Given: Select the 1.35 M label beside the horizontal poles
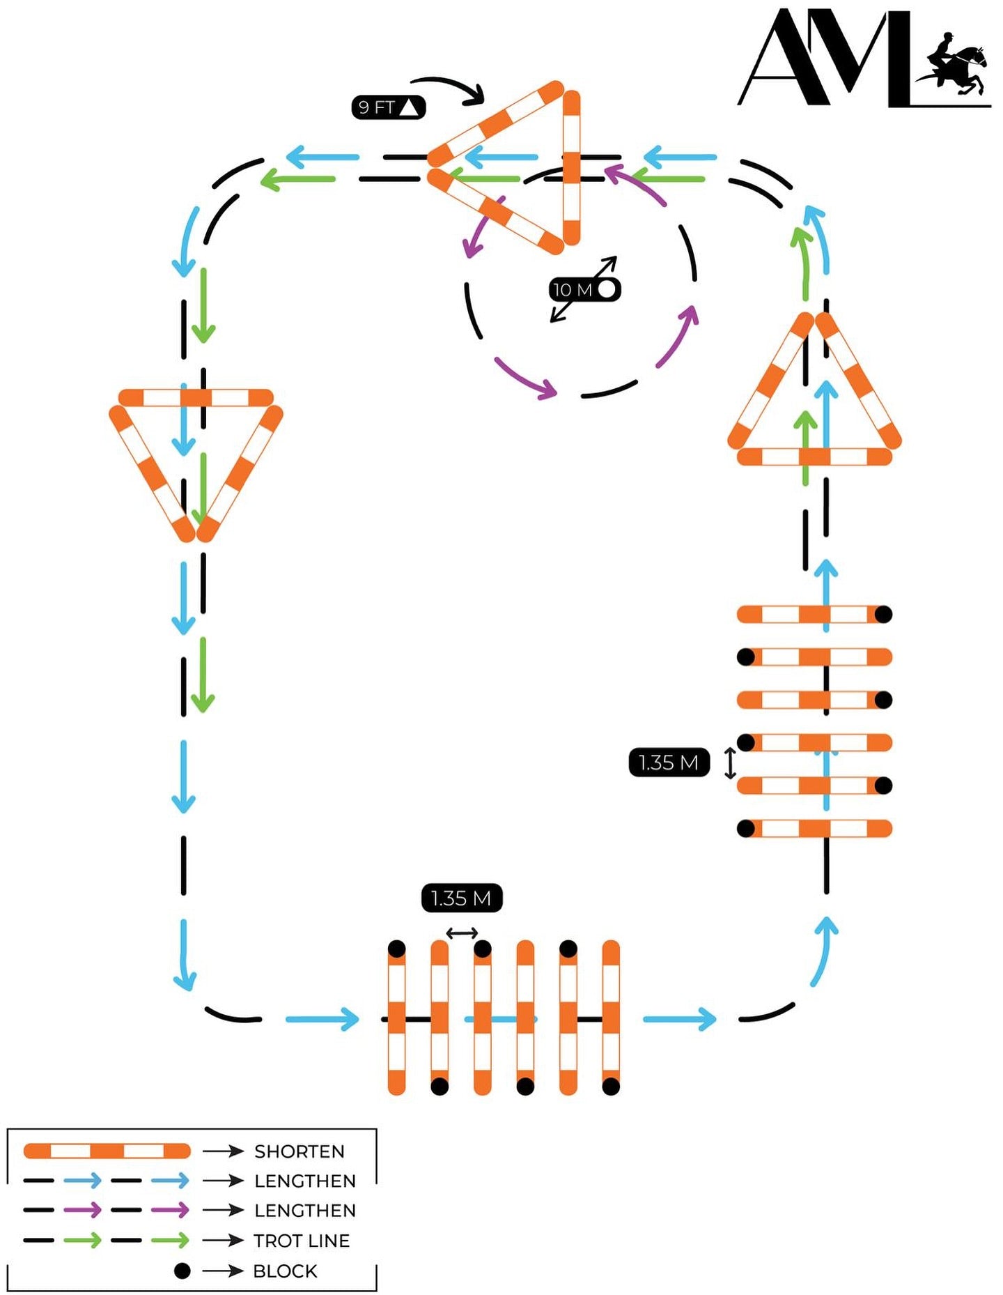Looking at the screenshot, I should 669,763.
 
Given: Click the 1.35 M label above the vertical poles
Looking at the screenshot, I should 461,898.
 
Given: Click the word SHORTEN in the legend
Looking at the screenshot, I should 300,1151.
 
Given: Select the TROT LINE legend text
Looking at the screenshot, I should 302,1241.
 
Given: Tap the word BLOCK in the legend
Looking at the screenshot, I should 285,1271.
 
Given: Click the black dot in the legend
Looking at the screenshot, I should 182,1271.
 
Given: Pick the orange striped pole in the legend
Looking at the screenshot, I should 107,1151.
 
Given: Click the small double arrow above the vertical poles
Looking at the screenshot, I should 462,933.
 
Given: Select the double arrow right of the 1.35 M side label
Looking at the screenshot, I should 730,763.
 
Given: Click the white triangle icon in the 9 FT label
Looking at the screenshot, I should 410,107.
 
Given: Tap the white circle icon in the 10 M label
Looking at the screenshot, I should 607,289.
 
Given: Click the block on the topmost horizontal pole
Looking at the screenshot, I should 883,614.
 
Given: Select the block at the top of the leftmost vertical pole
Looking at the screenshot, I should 396,949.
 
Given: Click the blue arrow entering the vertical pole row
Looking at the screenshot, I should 324,1019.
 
